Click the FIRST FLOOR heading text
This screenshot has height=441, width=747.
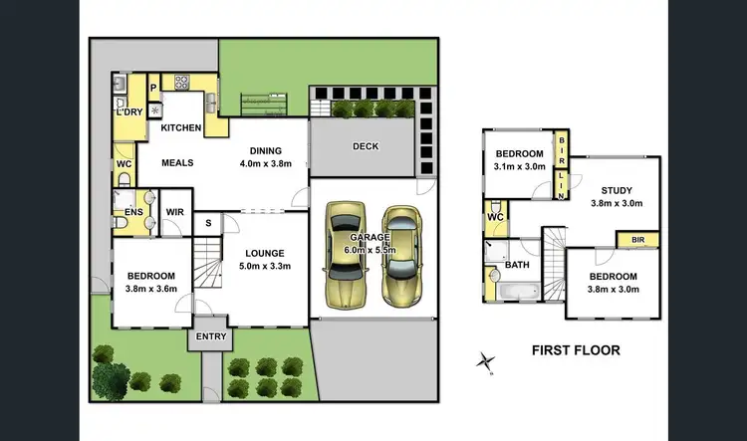pyautogui.click(x=576, y=350)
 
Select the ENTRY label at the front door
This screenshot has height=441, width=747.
pyautogui.click(x=211, y=336)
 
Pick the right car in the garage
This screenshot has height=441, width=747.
pyautogui.click(x=401, y=255)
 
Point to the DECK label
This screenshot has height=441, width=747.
pyautogui.click(x=366, y=146)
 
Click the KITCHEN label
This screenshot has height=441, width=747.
pyautogui.click(x=180, y=128)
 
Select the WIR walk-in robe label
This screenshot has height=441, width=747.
pyautogui.click(x=174, y=212)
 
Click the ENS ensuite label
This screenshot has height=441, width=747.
pyautogui.click(x=131, y=212)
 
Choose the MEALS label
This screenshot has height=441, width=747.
pyautogui.click(x=176, y=163)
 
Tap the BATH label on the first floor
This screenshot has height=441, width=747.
pyautogui.click(x=516, y=266)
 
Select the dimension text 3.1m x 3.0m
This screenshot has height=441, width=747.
pyautogui.click(x=520, y=166)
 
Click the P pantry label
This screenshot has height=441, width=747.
pyautogui.click(x=154, y=88)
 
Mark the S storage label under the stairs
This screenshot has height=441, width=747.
pyautogui.click(x=207, y=224)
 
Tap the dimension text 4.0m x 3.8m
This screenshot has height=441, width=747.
pyautogui.click(x=265, y=163)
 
